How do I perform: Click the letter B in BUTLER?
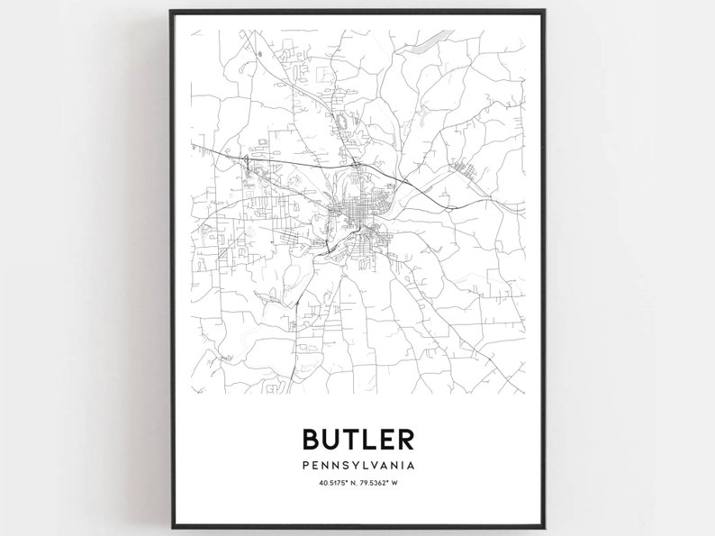point(312,439)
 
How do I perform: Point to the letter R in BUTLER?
point(405,439)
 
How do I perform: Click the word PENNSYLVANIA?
point(358,466)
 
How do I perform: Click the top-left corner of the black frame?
point(170,11)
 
